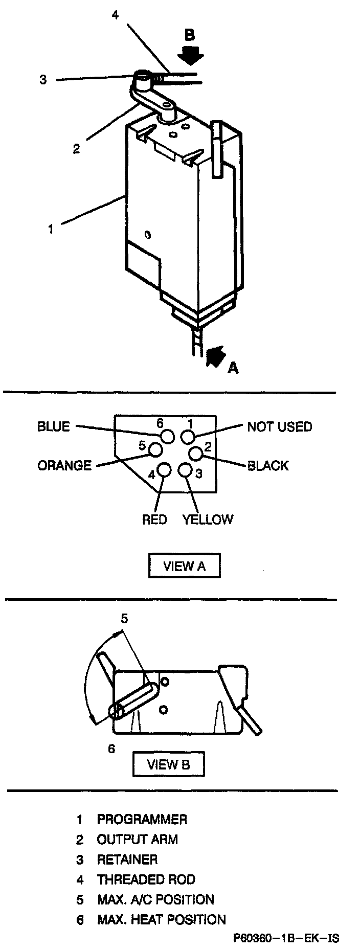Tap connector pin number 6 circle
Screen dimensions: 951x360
[x=168, y=436]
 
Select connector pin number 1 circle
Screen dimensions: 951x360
[x=188, y=436]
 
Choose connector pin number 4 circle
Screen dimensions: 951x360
[x=164, y=470]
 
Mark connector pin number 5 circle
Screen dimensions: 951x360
[x=155, y=449]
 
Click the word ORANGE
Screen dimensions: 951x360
[x=64, y=466]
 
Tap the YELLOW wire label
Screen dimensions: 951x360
[x=208, y=519]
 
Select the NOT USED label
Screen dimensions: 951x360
[x=279, y=427]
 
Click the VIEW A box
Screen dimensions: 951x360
[x=184, y=566]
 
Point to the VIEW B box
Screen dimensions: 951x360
[x=168, y=765]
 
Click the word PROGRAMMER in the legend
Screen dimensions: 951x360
[x=142, y=820]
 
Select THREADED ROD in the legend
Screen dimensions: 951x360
[x=146, y=880]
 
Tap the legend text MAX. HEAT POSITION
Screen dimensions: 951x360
[x=161, y=920]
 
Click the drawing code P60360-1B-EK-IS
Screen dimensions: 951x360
[x=286, y=938]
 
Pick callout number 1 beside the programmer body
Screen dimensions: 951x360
[x=51, y=230]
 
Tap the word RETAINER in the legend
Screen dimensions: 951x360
[x=127, y=859]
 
